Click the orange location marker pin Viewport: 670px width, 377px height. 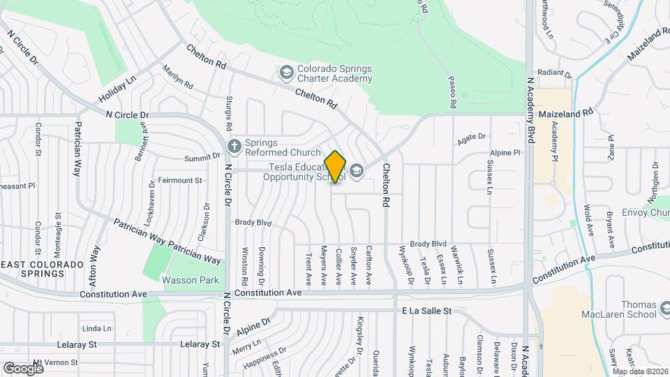[336, 166]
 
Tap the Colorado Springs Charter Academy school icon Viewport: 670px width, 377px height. [286, 73]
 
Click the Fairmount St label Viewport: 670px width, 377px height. [179, 180]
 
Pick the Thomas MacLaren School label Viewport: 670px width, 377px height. [639, 311]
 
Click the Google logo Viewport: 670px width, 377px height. [22, 368]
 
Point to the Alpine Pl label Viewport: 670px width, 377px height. [505, 152]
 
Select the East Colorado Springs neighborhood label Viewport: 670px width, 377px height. [42, 269]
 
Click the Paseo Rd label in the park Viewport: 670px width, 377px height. [452, 93]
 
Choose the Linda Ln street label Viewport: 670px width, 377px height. [97, 328]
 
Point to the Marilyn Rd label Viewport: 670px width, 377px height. [177, 77]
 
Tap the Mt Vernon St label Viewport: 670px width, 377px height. [57, 362]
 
